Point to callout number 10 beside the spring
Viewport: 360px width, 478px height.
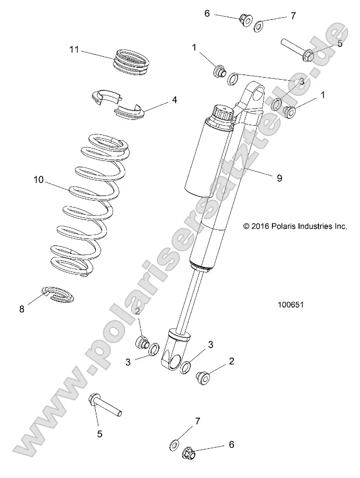click(x=39, y=180)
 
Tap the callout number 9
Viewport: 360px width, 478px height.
click(x=279, y=178)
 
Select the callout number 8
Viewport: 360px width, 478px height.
click(x=22, y=309)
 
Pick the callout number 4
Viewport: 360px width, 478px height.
click(x=175, y=100)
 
